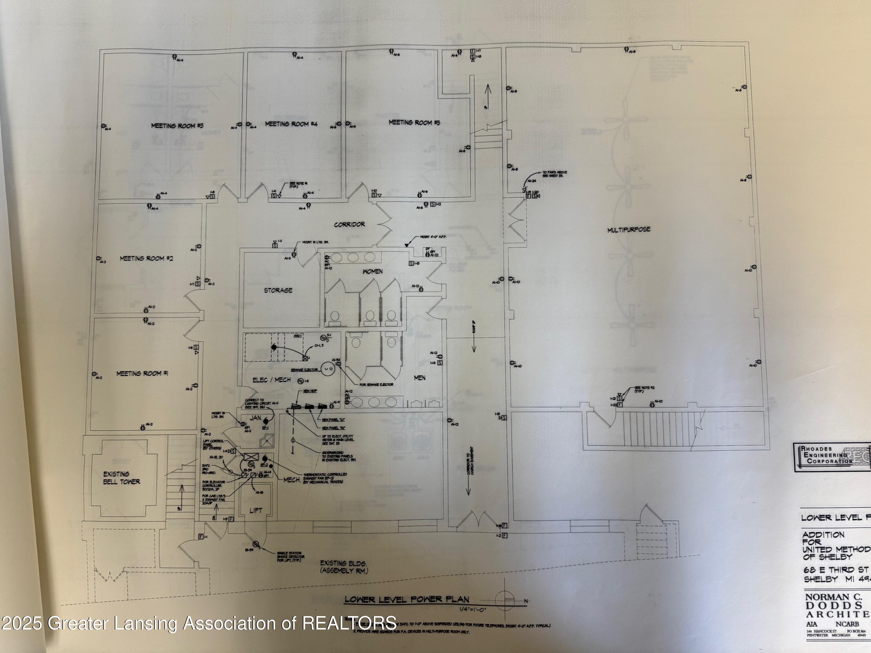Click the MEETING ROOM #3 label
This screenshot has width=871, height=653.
[x=177, y=126]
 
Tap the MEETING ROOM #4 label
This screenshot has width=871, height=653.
[x=291, y=124]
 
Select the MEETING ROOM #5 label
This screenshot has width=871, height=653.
[x=414, y=123]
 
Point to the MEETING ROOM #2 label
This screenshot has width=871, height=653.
[x=146, y=259]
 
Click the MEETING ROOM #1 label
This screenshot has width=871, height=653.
[x=142, y=374]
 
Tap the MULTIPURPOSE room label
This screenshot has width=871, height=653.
[x=629, y=230]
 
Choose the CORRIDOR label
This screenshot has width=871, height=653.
[x=349, y=225]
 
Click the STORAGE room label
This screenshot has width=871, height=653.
[x=278, y=291]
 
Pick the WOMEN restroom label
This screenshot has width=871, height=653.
[x=372, y=272]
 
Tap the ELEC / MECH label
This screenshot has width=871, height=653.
[x=272, y=380]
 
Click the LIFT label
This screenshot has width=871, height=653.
[x=255, y=511]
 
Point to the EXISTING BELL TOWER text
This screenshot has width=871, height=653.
[x=121, y=478]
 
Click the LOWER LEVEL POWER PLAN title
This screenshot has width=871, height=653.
[x=407, y=600]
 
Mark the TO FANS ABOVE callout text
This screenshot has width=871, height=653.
[x=555, y=174]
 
